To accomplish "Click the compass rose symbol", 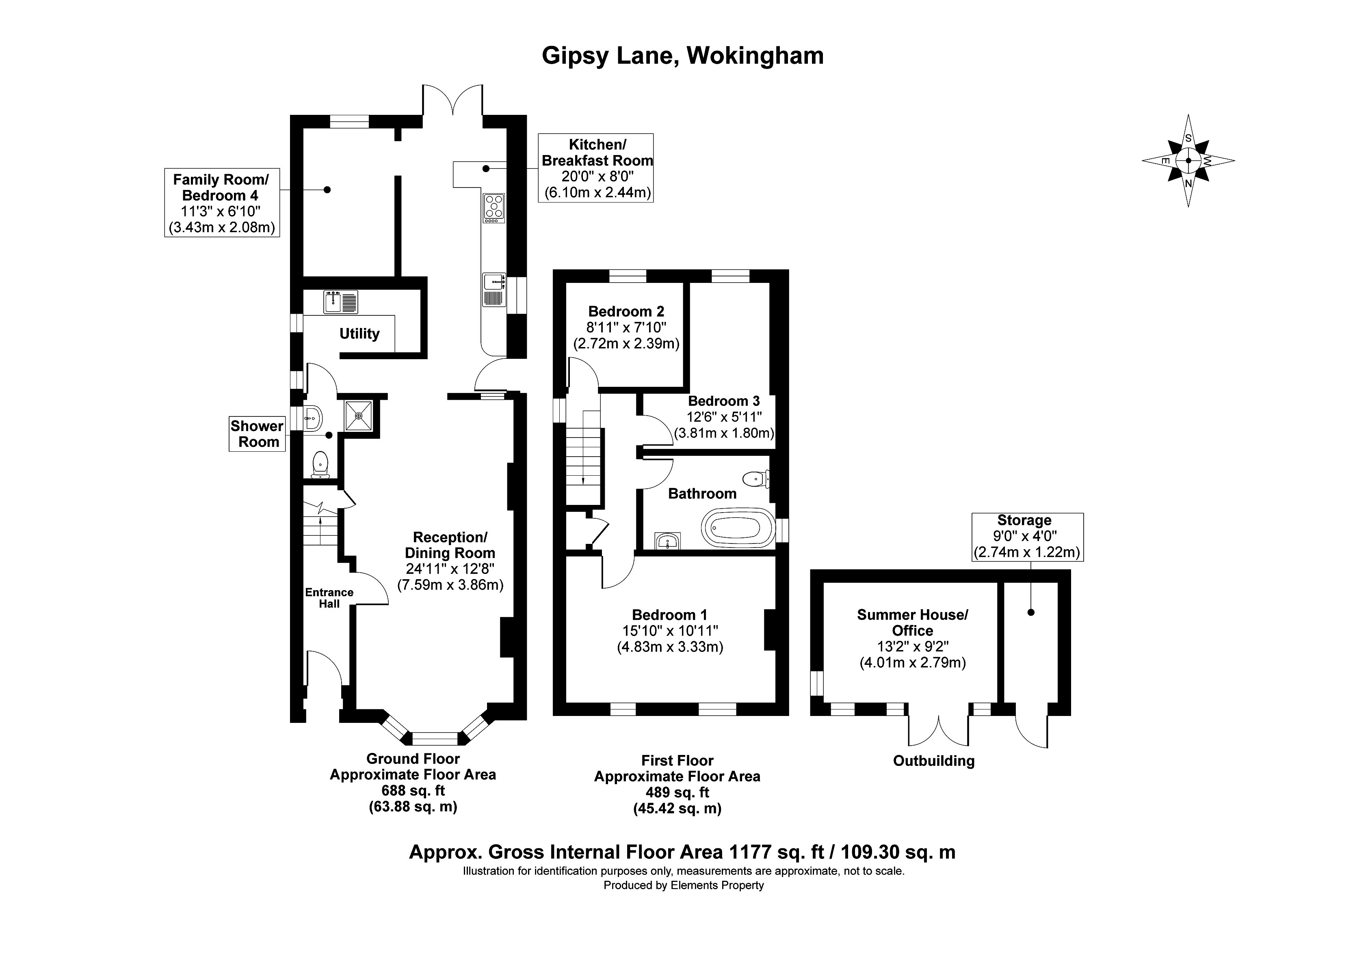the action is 1188,161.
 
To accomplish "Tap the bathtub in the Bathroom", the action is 738,528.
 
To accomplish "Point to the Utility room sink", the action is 341,302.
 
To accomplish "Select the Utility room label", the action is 359,334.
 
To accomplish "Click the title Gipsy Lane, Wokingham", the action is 683,56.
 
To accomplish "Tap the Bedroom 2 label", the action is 626,311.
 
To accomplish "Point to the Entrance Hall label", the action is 329,598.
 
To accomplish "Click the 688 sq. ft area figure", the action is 413,791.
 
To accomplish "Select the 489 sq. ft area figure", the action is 678,793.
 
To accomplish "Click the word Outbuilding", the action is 934,761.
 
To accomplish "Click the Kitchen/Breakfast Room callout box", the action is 596,168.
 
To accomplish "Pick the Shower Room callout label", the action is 258,434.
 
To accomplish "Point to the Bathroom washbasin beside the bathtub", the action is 668,541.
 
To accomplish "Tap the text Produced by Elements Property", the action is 684,886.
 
